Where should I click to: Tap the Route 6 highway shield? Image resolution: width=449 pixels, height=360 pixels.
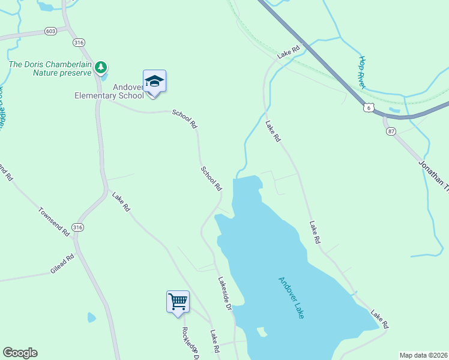tap(369, 107)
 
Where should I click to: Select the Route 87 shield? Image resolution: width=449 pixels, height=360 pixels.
tap(391, 131)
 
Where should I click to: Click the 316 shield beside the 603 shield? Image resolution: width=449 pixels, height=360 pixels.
tap(78, 43)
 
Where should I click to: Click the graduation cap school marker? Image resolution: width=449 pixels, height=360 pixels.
tap(154, 82)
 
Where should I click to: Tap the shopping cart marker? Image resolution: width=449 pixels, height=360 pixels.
tap(178, 301)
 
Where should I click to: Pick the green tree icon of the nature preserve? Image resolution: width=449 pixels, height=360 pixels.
tap(101, 67)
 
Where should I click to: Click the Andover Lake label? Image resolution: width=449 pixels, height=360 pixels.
tap(292, 297)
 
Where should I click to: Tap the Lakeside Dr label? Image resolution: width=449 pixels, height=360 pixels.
tap(224, 292)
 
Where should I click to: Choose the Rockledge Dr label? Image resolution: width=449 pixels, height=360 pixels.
tap(190, 342)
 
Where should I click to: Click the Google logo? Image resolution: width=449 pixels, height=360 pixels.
tap(20, 353)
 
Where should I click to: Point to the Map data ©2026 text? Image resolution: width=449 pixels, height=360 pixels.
tap(424, 355)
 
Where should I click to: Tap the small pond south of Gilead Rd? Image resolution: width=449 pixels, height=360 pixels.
tap(91, 317)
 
